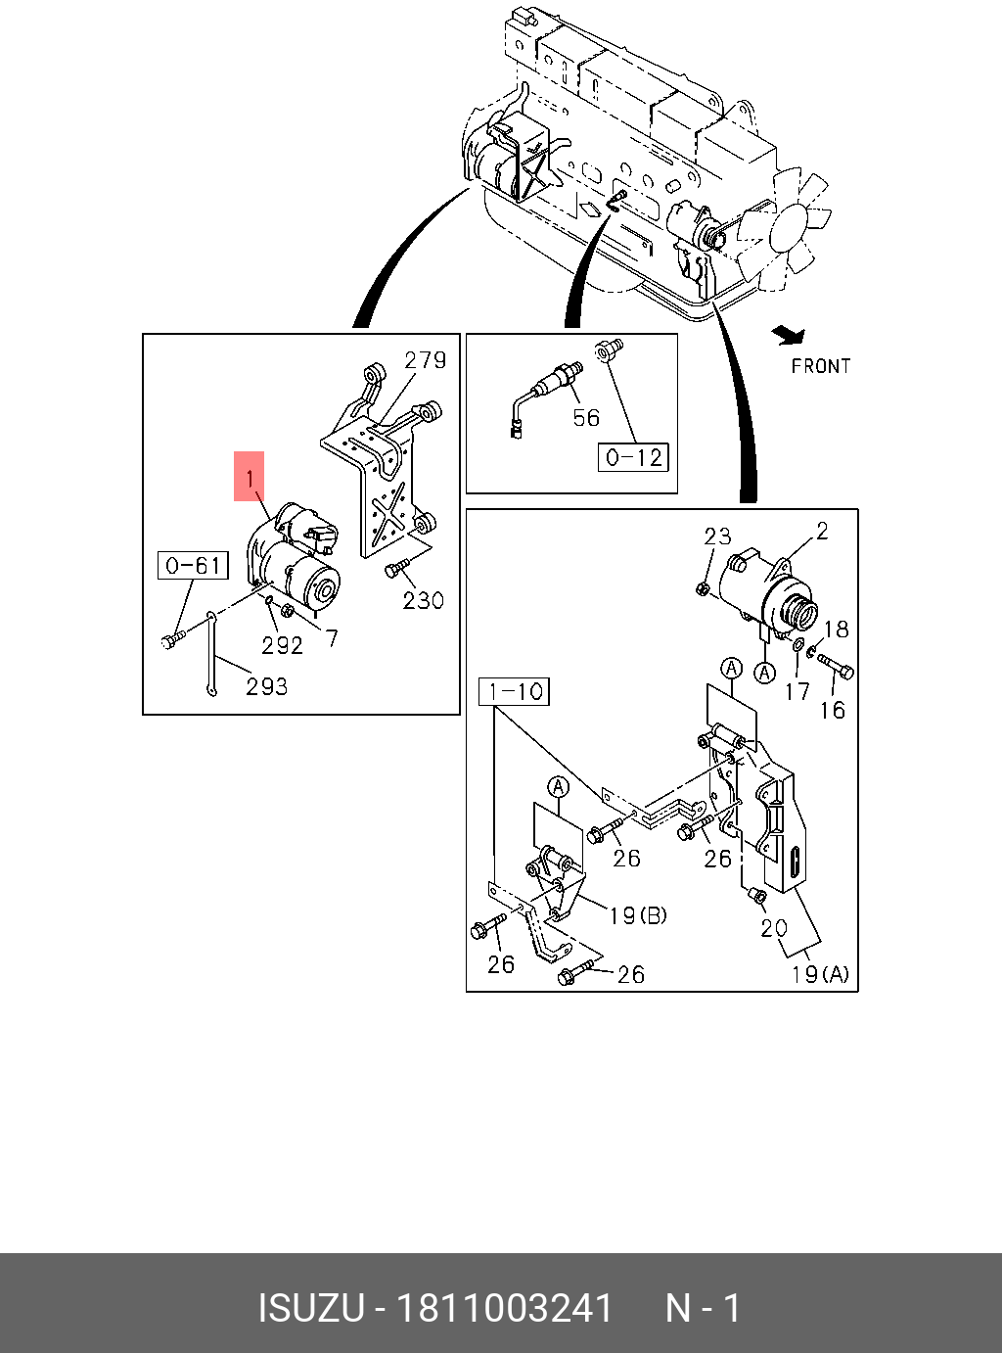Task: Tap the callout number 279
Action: tap(426, 360)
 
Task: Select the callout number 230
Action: tap(424, 599)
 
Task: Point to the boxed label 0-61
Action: tap(193, 565)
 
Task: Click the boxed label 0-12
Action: tap(634, 457)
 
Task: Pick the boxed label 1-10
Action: tap(515, 692)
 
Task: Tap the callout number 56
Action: tap(586, 418)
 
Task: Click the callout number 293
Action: tap(267, 686)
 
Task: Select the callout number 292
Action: tap(282, 645)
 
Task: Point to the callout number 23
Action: tap(717, 536)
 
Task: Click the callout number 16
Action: tap(832, 709)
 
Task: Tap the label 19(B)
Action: tap(637, 915)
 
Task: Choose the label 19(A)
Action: tap(820, 974)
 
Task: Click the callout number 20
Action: tap(773, 927)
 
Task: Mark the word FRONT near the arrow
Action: tap(821, 366)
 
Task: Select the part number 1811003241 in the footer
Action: tap(503, 1308)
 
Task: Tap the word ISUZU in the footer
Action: tap(310, 1308)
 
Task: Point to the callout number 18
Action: tap(836, 630)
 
